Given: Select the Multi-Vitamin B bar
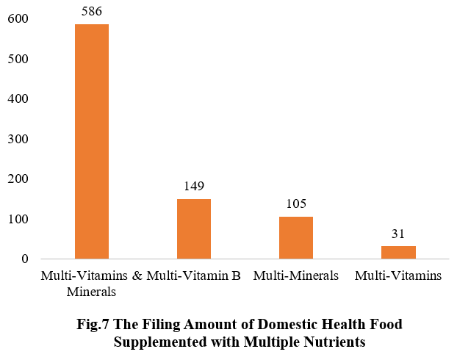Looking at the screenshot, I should (194, 228).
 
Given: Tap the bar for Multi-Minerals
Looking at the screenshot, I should (296, 237).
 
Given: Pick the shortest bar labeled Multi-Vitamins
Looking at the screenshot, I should (398, 252).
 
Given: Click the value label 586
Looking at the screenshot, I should (92, 12).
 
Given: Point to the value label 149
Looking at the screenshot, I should (194, 186).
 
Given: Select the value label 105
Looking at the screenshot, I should (296, 204).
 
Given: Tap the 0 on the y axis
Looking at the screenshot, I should (24, 259).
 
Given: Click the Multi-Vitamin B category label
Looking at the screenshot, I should (195, 276).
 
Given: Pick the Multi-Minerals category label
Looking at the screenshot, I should (295, 276).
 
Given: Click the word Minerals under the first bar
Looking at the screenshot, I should (91, 291).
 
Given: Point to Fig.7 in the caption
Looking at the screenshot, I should (93, 324).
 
